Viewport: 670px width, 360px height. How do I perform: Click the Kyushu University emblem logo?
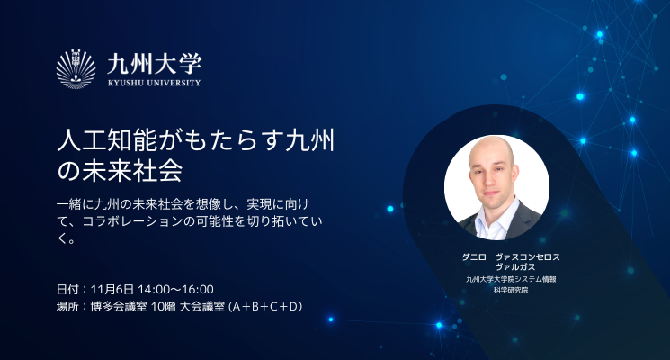[76, 68]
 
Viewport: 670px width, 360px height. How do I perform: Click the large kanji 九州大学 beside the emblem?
[155, 64]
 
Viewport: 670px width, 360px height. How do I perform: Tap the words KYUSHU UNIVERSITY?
[155, 83]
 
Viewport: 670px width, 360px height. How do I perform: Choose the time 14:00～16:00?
[175, 290]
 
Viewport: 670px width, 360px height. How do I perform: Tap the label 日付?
[67, 290]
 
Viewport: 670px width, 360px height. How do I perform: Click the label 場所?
[67, 307]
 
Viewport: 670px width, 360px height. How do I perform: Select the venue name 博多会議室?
[119, 307]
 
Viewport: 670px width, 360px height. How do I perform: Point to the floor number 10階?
[163, 307]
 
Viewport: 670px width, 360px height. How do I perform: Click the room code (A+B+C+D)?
[266, 307]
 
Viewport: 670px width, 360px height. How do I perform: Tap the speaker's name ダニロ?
[474, 257]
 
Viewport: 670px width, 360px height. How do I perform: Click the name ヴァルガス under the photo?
[515, 266]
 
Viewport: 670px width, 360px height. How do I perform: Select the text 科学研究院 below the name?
[511, 290]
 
